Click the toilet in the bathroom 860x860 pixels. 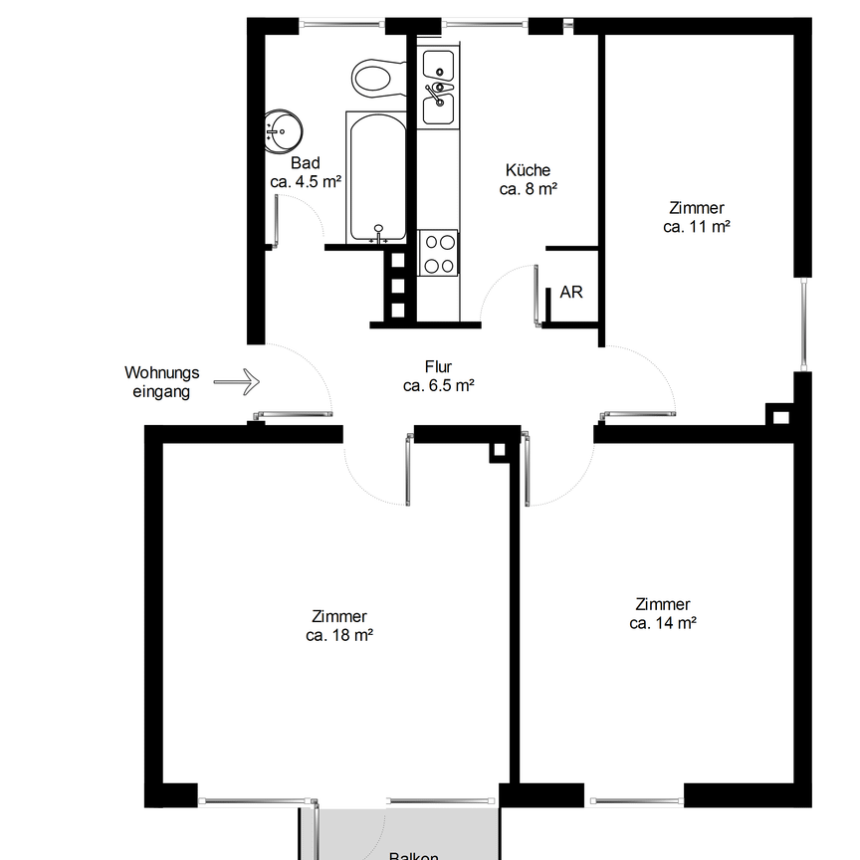point(375,77)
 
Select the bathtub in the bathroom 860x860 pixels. point(375,176)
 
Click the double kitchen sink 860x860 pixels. point(438,87)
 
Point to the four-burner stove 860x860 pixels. point(438,253)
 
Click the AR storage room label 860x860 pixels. point(571,293)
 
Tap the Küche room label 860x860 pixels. point(528,170)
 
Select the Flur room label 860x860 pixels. point(438,367)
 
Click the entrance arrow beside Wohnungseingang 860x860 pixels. point(237,380)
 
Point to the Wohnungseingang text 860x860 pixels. point(161,382)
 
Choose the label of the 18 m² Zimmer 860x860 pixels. point(339,616)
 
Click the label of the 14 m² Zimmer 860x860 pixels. point(662,604)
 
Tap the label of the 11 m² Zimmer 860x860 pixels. point(697,208)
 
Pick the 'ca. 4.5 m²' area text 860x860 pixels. point(306,182)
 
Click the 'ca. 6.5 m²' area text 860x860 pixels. point(438,386)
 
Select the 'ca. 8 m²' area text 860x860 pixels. point(528,189)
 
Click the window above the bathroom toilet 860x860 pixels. point(342,21)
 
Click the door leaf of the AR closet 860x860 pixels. point(537,295)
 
